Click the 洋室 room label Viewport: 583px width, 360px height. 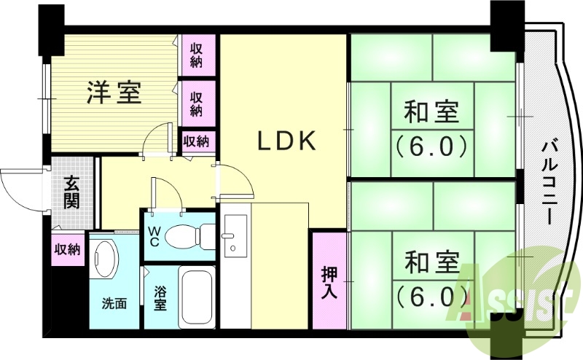point(115,93)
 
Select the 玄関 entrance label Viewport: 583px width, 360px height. point(71,192)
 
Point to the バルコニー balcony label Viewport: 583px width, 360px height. point(549,182)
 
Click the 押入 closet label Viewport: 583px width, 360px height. point(329,280)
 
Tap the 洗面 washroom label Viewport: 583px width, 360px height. point(114,303)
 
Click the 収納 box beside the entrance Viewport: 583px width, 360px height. point(68,249)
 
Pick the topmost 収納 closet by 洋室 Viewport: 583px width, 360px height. point(197,55)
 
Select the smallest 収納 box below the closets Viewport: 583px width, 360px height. point(197,140)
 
